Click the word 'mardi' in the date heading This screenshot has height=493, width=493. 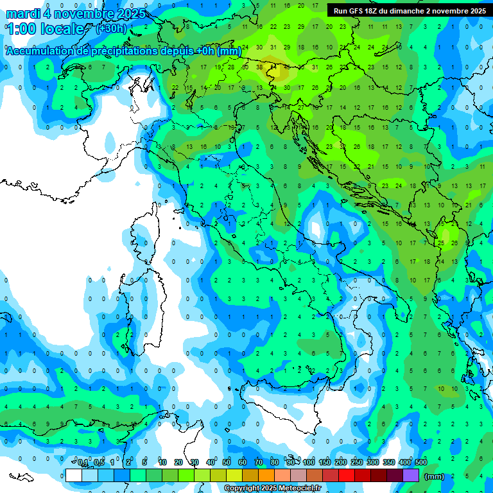pyautogui.click(x=24, y=13)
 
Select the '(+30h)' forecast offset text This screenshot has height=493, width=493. pyautogui.click(x=111, y=28)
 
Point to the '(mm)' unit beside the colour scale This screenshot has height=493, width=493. pyautogui.click(x=435, y=476)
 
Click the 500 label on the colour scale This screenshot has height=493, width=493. pyautogui.click(x=420, y=463)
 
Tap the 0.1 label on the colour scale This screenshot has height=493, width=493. pyautogui.click(x=83, y=463)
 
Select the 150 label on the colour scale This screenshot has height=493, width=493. pyautogui.click(x=325, y=463)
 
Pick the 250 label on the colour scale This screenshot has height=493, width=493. pyautogui.click(x=357, y=463)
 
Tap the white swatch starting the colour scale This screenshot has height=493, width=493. pyautogui.click(x=74, y=475)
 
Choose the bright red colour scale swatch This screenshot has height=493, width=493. pyautogui.click(x=347, y=475)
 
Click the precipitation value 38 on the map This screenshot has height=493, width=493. pyautogui.click(x=259, y=67)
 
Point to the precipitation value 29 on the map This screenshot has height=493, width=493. pyautogui.click(x=302, y=27)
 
